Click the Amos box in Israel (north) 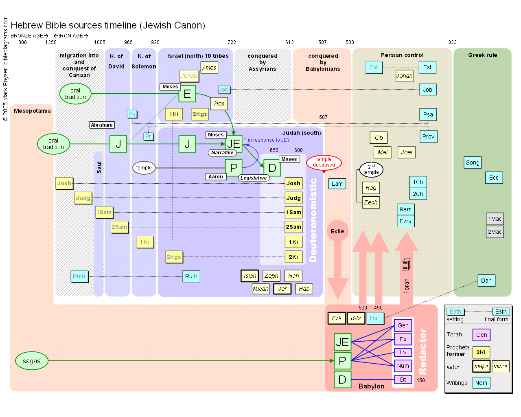tap(209, 68)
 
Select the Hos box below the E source tap(219, 103)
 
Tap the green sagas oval tap(32, 361)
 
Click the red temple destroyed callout tap(324, 162)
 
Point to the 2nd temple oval tap(371, 169)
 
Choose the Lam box tap(337, 184)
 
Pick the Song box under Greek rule tap(473, 162)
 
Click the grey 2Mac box tap(495, 232)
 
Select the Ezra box tap(405, 221)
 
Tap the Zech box tap(371, 202)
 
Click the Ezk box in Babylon tap(337, 318)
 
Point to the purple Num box tap(403, 366)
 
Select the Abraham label tap(102, 125)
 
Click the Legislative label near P tap(254, 178)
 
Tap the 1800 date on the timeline tap(21, 42)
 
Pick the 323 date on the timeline tap(452, 42)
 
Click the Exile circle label tap(337, 231)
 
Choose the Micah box tap(260, 289)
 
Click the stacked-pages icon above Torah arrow tap(406, 265)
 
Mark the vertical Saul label tap(99, 167)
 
